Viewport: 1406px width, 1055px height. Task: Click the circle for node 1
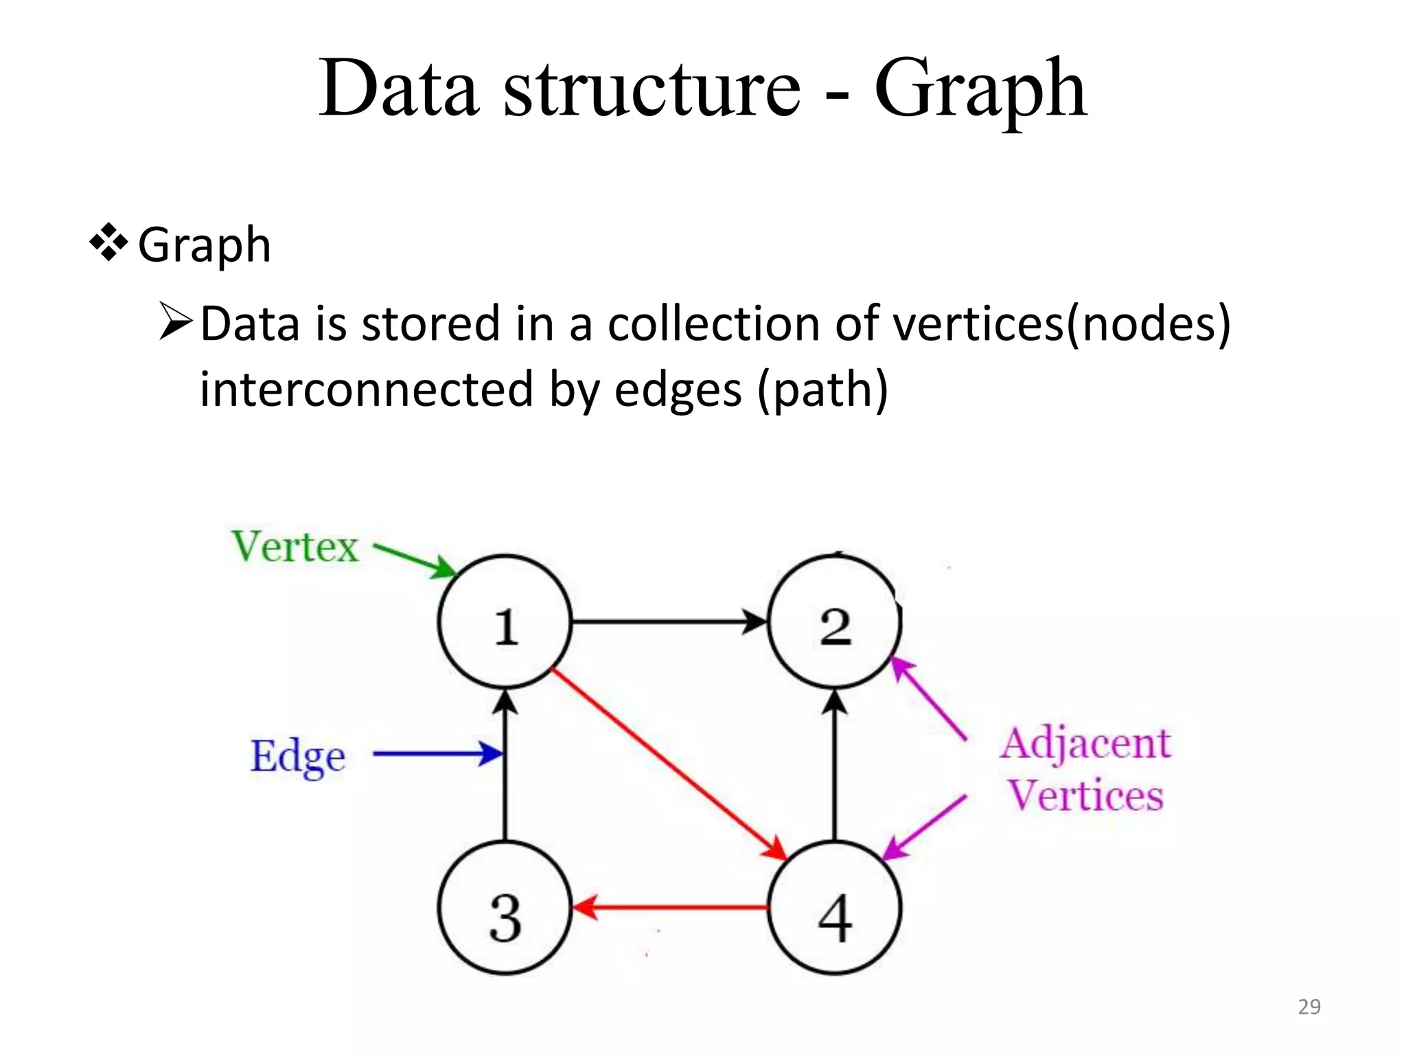pos(505,622)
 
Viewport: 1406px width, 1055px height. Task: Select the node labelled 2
pos(834,622)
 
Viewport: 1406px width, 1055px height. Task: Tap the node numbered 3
pos(505,908)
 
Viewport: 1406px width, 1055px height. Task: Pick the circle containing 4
pos(834,908)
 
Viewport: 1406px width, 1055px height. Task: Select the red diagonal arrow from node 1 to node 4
pos(669,763)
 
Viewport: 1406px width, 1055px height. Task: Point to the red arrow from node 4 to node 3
pos(669,907)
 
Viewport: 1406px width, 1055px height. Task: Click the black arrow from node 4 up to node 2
pos(834,764)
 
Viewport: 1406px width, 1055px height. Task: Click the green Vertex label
pos(295,547)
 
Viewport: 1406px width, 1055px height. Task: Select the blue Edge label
pos(297,757)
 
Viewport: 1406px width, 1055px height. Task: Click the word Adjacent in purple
pos(1085,745)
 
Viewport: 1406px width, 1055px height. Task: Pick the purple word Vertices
pos(1085,795)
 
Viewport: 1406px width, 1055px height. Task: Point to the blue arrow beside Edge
pos(437,753)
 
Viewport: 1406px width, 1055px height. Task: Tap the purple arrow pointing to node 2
pos(928,698)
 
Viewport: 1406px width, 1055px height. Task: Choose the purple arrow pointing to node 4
pos(924,827)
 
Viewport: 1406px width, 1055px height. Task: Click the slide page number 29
pos(1309,1007)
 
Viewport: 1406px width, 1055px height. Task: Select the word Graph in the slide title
pos(980,89)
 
